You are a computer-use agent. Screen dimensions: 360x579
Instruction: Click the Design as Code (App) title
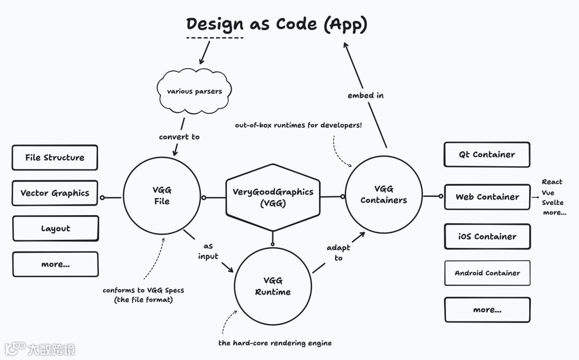[x=277, y=25]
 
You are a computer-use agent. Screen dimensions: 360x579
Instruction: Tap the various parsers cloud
[x=194, y=91]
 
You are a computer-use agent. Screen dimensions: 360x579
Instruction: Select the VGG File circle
[x=161, y=196]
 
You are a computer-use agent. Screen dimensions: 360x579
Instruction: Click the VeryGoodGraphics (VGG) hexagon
[x=273, y=197]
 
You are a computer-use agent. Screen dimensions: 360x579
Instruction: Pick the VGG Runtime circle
[x=273, y=286]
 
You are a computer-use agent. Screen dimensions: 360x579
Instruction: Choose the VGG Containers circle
[x=383, y=194]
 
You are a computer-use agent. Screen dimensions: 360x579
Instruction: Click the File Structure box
[x=55, y=158]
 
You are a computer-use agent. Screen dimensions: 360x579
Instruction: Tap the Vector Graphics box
[x=55, y=193]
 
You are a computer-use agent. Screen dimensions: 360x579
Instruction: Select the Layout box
[x=55, y=229]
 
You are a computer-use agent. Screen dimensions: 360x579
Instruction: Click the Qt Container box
[x=487, y=155]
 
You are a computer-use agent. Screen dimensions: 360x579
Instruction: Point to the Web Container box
[x=487, y=197]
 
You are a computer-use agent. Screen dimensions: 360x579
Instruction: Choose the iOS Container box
[x=487, y=237]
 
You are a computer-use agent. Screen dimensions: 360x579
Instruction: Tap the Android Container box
[x=487, y=273]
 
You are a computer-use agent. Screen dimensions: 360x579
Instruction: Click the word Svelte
[x=552, y=203]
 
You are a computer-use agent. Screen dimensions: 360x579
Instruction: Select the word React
[x=552, y=182]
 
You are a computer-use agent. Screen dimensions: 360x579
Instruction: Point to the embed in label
[x=366, y=95]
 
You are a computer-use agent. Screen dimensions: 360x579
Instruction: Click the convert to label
[x=179, y=137]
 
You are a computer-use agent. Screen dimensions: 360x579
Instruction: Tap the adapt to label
[x=338, y=253]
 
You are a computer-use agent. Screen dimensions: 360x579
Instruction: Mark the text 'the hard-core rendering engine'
[x=275, y=343]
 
